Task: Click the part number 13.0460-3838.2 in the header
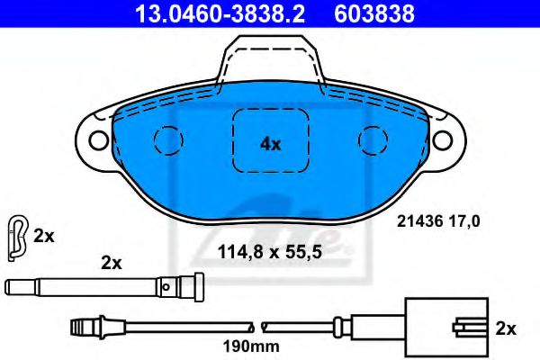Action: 220,13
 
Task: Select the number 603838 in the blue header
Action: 374,13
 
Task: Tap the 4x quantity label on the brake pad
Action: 270,144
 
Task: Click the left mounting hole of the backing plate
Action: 99,139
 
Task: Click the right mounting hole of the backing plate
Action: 443,139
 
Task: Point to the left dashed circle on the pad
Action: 168,140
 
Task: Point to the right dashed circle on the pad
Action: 373,140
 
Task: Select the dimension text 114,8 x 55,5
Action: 270,253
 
